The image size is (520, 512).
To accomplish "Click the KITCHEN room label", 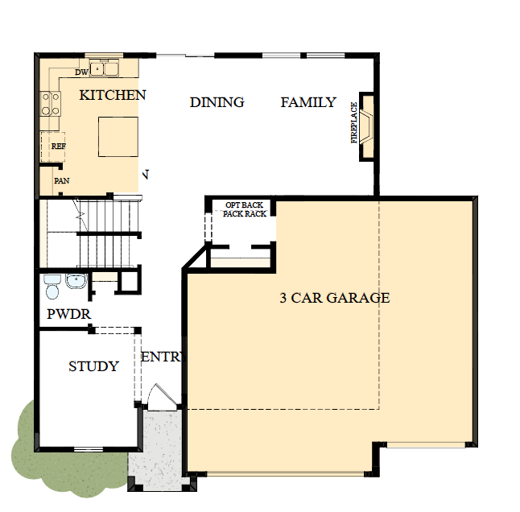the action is (x=113, y=95).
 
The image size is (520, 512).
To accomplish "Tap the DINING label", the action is (x=217, y=102).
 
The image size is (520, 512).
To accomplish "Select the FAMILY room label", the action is (x=308, y=102).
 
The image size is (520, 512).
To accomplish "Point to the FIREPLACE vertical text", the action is (x=354, y=122).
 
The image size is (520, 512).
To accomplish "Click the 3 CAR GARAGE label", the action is (x=335, y=298).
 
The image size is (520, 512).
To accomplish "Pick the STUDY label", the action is (x=93, y=366).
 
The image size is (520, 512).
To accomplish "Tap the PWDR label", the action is (x=68, y=314).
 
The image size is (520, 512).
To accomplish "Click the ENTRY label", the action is (x=162, y=357).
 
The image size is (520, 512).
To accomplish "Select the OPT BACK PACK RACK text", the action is (x=245, y=209).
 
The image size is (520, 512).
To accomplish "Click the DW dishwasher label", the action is (x=81, y=72).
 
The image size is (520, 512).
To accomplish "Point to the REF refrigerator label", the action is (x=59, y=147).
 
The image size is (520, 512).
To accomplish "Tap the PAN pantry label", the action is (x=62, y=180).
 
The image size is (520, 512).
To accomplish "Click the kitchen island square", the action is (x=118, y=137).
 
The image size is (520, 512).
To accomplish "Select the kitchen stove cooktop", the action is (x=51, y=104).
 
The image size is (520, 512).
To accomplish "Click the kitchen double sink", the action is (x=104, y=68).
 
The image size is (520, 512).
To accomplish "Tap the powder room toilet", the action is (x=52, y=287).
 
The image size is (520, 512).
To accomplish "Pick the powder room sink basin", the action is (x=76, y=281).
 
